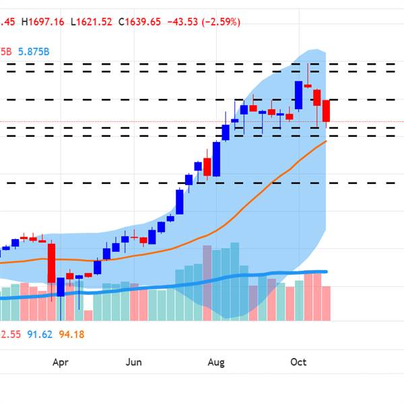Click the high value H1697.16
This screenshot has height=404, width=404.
(43, 22)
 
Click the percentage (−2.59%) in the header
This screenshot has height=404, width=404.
(220, 22)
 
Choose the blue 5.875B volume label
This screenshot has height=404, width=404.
(33, 51)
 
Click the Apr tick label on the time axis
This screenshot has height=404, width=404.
(61, 362)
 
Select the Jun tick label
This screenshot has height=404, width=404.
(134, 362)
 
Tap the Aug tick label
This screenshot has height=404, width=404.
(215, 362)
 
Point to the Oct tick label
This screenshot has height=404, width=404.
(298, 362)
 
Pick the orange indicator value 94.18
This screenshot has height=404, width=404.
(71, 333)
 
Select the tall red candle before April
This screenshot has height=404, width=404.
(51, 263)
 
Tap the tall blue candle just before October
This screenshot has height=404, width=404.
(298, 95)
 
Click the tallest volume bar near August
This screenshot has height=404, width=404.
(207, 283)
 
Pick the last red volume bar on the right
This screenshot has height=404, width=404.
(327, 303)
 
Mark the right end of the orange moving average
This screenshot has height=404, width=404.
(327, 141)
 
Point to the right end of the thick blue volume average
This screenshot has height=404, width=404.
(326, 271)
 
